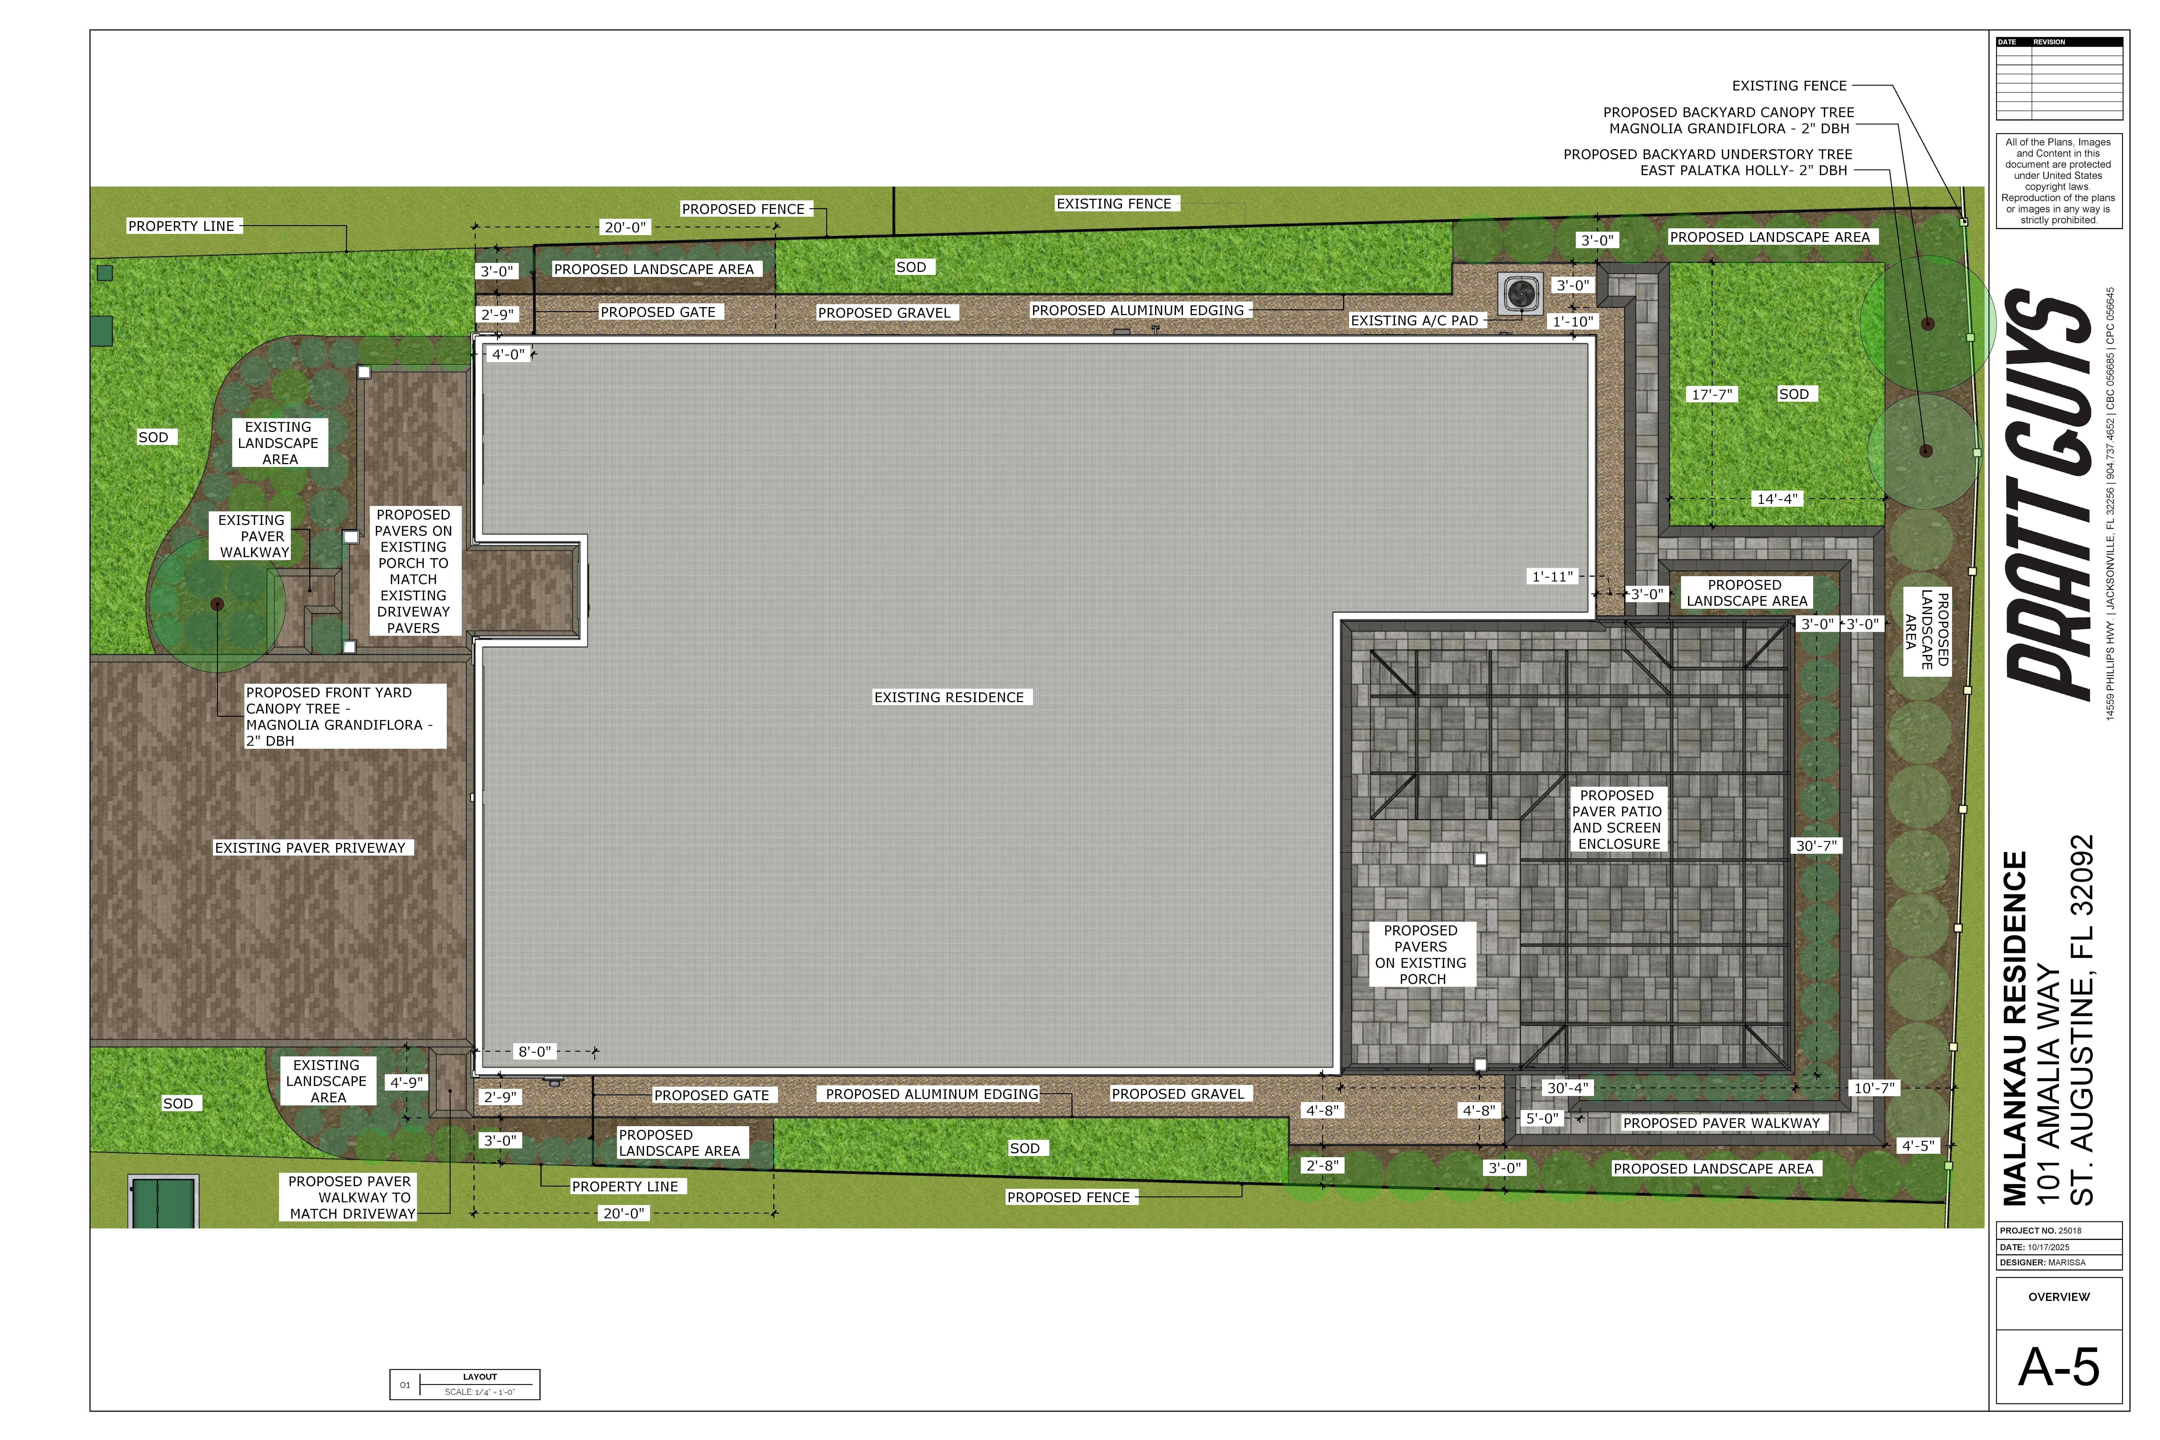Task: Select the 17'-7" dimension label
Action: [1712, 394]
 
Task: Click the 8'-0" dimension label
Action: [534, 1052]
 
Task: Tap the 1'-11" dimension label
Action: [1552, 577]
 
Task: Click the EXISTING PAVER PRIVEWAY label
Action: [310, 848]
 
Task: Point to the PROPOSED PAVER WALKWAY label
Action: [1721, 1123]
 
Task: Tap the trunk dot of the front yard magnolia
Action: [217, 604]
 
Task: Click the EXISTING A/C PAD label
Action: [1414, 320]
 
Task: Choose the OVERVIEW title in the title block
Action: [2059, 1297]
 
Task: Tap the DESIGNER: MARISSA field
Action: [2042, 1263]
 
